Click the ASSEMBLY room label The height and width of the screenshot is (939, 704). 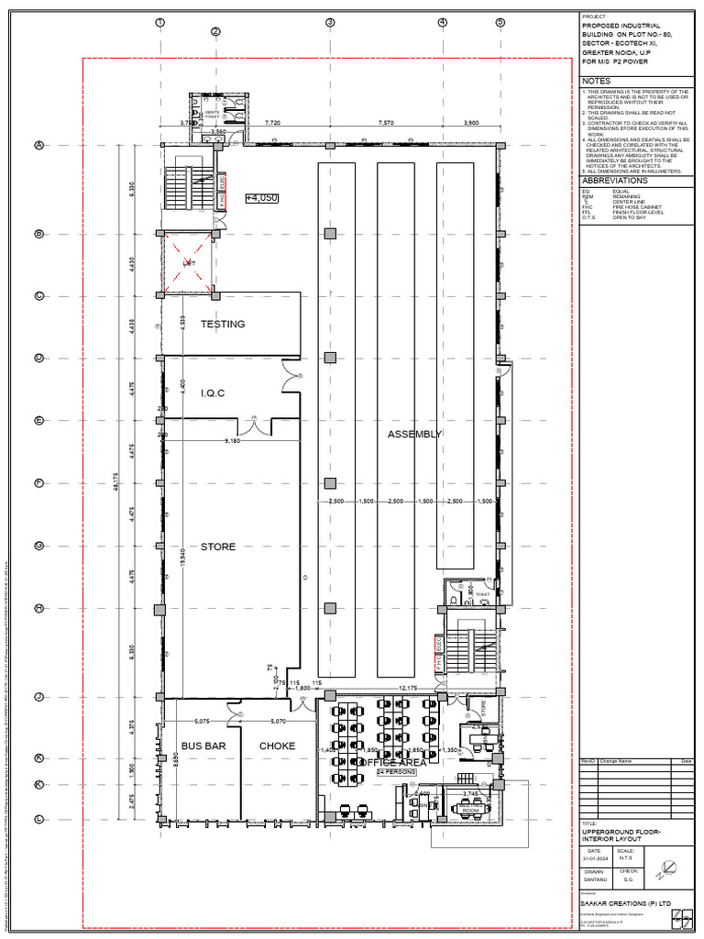(x=414, y=434)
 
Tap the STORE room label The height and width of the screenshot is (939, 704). (x=218, y=547)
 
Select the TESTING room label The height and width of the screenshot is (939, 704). (x=223, y=324)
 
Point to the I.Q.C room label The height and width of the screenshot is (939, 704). (x=213, y=393)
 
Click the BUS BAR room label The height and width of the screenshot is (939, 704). (x=203, y=746)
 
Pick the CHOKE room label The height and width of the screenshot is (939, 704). (x=277, y=746)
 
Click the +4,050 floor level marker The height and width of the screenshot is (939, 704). (x=261, y=197)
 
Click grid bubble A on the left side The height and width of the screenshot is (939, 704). (x=39, y=145)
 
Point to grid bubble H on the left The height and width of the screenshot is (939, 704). (x=39, y=608)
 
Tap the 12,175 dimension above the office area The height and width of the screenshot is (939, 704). (x=407, y=688)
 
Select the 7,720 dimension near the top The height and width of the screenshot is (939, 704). (x=272, y=122)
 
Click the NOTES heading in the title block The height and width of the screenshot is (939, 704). (x=596, y=82)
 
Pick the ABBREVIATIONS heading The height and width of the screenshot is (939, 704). (x=614, y=181)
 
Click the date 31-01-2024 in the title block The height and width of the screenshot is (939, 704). (x=598, y=857)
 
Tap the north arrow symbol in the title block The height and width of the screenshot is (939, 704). (x=668, y=866)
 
